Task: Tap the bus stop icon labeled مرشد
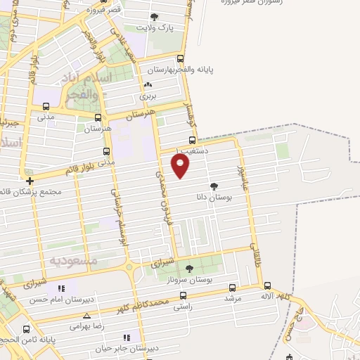point(233,288)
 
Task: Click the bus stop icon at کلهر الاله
point(267,285)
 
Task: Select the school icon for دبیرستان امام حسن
point(62,289)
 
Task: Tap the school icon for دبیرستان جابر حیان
point(127,337)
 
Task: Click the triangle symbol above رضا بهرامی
point(87,316)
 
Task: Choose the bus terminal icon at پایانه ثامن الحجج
point(27,329)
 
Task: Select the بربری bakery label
point(146,94)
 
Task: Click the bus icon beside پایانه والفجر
point(180,59)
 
